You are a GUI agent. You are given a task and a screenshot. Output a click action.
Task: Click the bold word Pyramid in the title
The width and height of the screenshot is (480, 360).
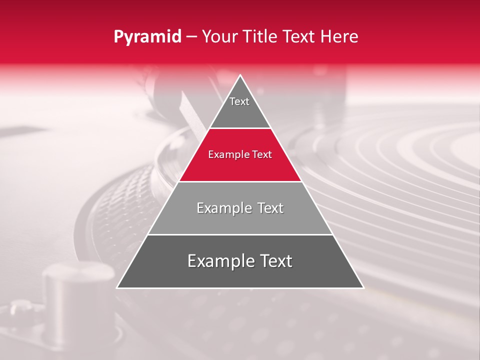147,37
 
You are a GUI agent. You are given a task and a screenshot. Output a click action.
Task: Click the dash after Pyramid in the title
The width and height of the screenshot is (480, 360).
191,37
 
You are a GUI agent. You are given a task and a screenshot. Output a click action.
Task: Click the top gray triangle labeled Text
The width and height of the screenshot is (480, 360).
239,107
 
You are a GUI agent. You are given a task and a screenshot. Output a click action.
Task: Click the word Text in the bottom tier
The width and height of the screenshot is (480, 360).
272,261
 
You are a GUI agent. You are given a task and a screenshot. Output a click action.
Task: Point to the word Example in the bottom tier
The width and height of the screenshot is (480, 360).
218,261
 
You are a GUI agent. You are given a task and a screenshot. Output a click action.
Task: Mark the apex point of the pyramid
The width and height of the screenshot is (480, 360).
240,75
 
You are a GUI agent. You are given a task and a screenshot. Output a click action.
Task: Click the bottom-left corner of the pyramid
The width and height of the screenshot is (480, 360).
117,287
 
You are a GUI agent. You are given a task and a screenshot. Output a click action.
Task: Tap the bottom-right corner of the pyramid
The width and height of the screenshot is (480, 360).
363,287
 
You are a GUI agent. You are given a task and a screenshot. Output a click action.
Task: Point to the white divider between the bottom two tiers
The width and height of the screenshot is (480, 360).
240,234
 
